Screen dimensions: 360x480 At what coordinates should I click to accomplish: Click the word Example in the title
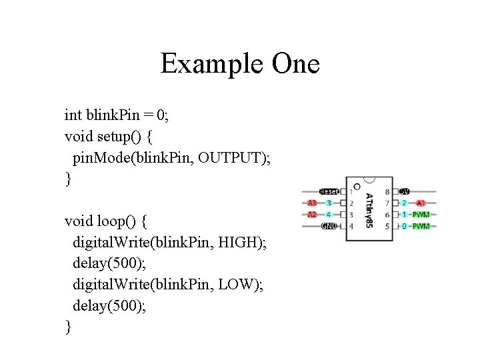coord(212,65)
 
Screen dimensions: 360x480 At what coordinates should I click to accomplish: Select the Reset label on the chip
coord(329,191)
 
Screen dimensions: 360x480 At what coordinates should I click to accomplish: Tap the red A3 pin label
coord(312,203)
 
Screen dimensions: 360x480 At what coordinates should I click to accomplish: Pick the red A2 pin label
coord(312,215)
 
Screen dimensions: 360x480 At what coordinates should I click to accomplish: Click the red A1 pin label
coord(421,203)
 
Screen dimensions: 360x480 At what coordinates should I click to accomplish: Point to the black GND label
coord(329,226)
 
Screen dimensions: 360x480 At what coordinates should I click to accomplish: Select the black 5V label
coord(405,191)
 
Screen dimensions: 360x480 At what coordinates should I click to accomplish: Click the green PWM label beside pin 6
coord(421,215)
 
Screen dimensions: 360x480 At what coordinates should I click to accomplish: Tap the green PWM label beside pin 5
coord(421,226)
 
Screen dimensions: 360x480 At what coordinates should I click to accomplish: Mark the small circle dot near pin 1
coord(357,187)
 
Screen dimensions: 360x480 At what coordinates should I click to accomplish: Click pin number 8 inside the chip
coord(387,192)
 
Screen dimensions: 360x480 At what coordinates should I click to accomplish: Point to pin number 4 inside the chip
coord(351,227)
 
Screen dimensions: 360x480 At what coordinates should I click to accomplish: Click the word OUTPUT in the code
coord(229,158)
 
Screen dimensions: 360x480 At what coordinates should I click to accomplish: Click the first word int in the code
coord(73,115)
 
